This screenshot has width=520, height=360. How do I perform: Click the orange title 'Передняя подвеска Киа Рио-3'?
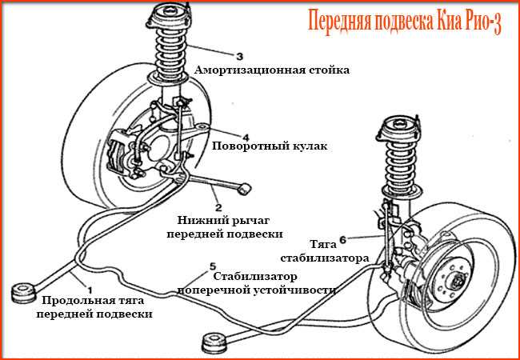(404, 22)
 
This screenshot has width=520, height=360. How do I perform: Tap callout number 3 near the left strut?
(238, 56)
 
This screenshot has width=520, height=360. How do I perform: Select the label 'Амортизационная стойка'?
(272, 70)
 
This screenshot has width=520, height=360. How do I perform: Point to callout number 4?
(246, 137)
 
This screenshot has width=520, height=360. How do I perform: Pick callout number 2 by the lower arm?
(218, 206)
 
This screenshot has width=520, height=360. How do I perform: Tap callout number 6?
(342, 238)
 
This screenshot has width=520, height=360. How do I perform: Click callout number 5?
(211, 265)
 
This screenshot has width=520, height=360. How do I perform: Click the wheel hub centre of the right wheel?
(457, 282)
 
